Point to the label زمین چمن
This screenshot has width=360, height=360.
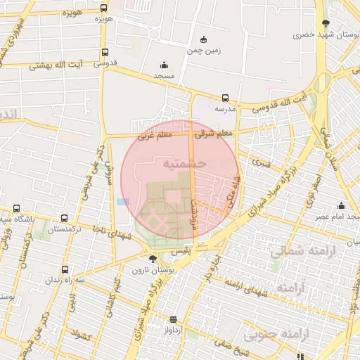pos(204,51)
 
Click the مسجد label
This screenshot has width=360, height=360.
pos(164,75)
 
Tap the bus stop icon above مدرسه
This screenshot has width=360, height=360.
pos(225,98)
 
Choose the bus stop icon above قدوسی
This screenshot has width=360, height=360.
pos(105,52)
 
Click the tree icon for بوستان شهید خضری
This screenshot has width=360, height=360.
pos(325,23)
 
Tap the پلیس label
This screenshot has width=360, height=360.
pos(181,251)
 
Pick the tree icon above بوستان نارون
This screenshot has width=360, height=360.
pos(153,259)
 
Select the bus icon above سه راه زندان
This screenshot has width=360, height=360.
pos(65,269)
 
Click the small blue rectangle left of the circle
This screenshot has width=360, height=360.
pos(123,202)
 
